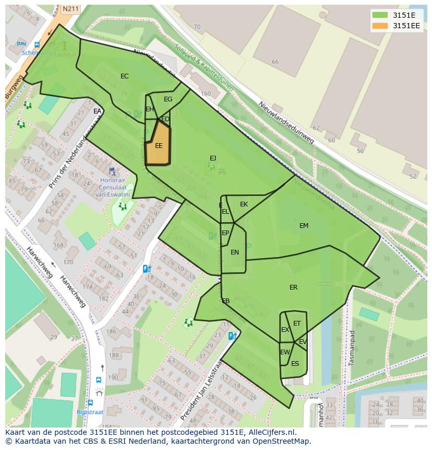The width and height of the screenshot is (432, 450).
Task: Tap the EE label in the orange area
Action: tap(159, 146)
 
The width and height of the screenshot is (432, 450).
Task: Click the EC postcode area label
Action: tap(124, 76)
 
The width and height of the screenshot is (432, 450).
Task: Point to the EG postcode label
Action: tap(168, 99)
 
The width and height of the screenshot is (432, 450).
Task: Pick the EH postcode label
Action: tap(150, 109)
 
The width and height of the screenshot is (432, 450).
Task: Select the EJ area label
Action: tap(213, 158)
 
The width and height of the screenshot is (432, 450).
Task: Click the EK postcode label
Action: tap(244, 204)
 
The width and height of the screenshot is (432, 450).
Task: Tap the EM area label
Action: tap(304, 226)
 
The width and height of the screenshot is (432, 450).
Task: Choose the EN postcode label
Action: tap(235, 252)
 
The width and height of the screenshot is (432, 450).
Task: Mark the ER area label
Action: tap(293, 287)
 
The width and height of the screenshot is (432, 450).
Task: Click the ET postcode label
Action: tap(297, 324)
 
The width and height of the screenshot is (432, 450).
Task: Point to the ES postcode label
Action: tap(295, 364)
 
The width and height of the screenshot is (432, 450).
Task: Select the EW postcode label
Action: tap(284, 352)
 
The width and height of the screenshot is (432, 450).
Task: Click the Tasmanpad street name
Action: tap(352, 347)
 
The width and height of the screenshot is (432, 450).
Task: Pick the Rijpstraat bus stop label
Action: tap(90, 412)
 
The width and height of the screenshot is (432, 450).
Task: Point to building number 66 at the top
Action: tap(275, 62)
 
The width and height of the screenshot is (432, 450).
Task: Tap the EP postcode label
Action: tap(225, 233)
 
